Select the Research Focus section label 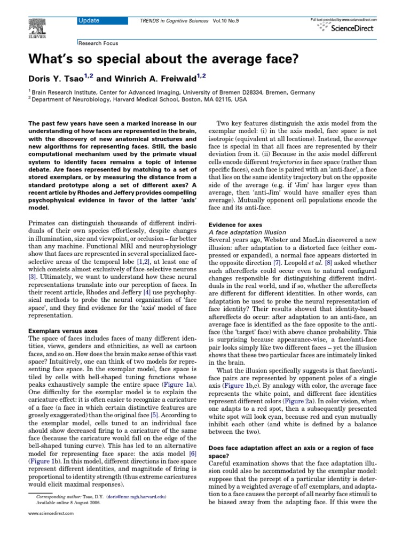(x=99, y=43)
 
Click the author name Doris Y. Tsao (x=54, y=79)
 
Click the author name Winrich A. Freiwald (x=148, y=79)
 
